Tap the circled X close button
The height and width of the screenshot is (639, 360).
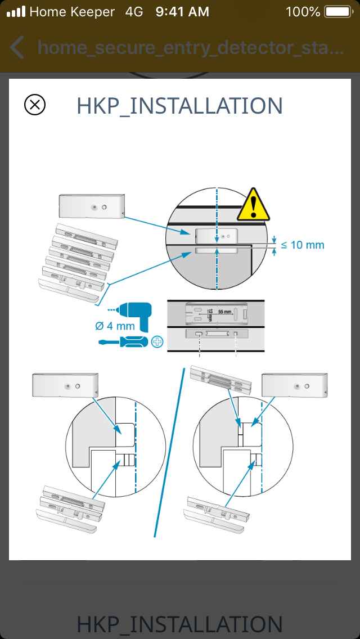(x=35, y=105)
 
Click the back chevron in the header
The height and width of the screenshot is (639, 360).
(x=17, y=48)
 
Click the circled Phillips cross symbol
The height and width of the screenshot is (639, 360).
(x=157, y=341)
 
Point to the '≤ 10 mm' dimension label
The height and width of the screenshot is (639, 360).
(x=303, y=245)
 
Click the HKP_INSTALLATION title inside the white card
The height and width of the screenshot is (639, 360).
(x=179, y=106)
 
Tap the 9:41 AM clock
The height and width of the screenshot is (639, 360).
(x=182, y=11)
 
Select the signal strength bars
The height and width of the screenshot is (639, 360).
(x=16, y=11)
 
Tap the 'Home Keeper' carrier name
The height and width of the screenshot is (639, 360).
(x=72, y=11)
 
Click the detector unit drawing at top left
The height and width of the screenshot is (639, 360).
(x=91, y=207)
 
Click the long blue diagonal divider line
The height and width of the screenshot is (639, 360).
(x=170, y=453)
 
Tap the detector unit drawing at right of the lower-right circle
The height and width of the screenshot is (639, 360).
(x=295, y=386)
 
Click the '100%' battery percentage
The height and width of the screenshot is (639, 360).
(x=303, y=11)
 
